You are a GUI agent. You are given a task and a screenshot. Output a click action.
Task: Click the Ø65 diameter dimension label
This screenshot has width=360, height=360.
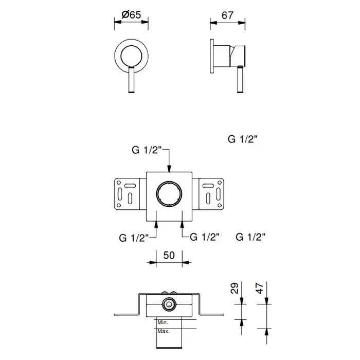coord(131,15)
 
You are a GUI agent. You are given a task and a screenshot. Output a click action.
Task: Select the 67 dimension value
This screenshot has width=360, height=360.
coord(227,15)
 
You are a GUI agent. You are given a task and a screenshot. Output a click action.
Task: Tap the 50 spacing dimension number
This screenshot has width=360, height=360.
coord(169,255)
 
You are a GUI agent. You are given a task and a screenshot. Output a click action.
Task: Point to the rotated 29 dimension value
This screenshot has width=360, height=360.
coord(235,288)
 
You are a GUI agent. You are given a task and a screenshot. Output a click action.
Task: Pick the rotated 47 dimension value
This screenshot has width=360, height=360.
coord(260,288)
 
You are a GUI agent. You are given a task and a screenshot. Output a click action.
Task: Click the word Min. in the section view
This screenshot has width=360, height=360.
coord(163,322)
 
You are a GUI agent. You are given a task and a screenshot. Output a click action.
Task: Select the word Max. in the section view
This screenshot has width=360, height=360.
coord(164,331)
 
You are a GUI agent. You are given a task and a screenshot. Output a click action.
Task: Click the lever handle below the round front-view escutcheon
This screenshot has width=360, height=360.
coord(132,79)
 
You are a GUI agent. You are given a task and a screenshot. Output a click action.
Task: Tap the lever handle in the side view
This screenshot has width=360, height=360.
coord(240,79)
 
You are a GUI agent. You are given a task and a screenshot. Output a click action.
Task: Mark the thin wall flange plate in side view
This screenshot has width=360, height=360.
coord(212,56)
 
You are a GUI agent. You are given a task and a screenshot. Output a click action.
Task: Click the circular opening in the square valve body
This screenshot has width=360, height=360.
coord(169,193)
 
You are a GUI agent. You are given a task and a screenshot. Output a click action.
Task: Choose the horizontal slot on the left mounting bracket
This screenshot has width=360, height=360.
coord(130,185)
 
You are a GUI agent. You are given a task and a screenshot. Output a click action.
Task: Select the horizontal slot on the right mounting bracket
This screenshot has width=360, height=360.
coord(208,185)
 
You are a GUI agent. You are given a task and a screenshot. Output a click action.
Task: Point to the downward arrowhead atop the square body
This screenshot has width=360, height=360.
coord(169,169)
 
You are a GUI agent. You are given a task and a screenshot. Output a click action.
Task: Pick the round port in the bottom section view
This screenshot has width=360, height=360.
coord(169,304)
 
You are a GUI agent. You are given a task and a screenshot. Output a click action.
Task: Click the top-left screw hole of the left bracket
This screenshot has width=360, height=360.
coord(119,183)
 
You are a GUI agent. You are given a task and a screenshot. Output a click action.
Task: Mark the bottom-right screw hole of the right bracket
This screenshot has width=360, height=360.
coord(220,205)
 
